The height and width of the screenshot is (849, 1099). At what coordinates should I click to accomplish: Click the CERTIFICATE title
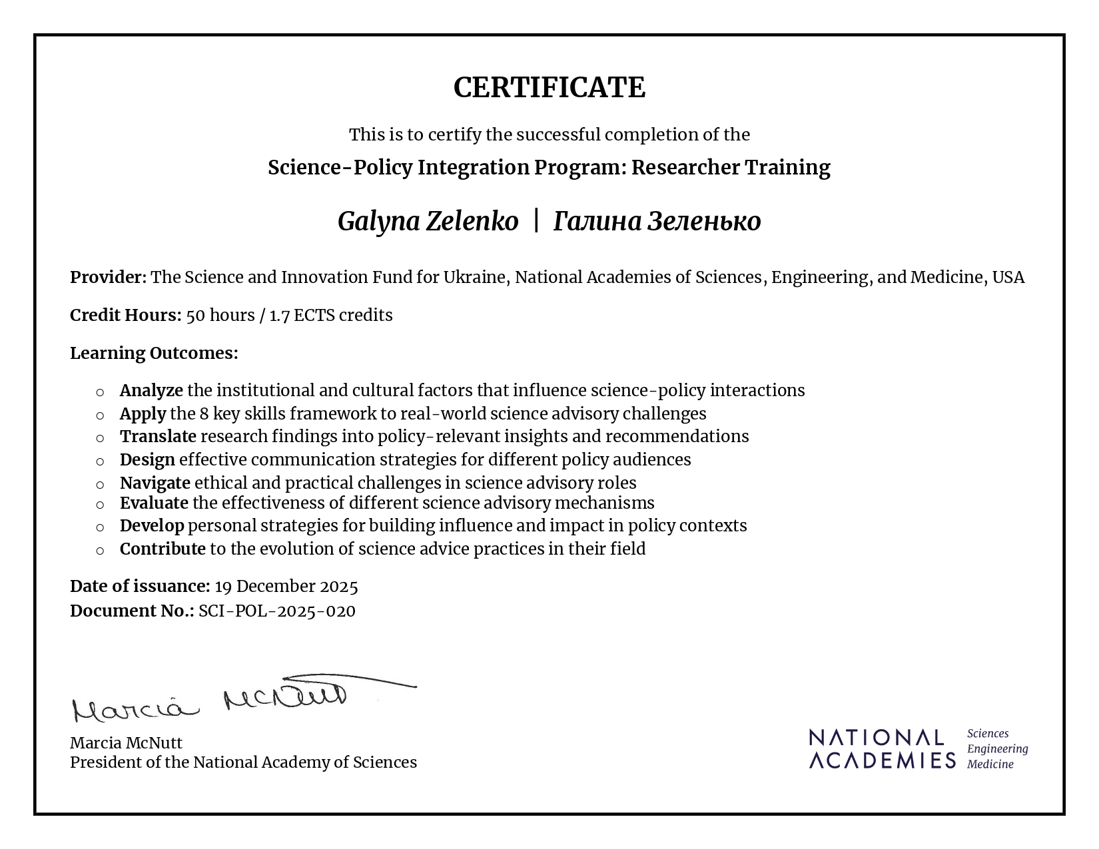[x=549, y=88]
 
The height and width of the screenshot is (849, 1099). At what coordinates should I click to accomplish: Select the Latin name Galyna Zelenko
[x=428, y=222]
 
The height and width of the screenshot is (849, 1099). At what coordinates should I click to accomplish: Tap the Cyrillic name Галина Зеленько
[x=657, y=222]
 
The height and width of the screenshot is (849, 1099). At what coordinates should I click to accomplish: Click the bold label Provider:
[x=108, y=277]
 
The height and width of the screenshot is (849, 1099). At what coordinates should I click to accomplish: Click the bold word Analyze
[x=151, y=390]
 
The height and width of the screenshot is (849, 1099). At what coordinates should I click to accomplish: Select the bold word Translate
[x=158, y=436]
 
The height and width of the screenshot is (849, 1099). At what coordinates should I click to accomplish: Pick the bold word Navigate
[x=155, y=483]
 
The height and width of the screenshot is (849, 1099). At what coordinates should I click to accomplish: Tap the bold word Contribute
[x=163, y=549]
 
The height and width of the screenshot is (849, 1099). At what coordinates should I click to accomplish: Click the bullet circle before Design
[x=100, y=461]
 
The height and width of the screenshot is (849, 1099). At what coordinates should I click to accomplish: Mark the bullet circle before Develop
[x=100, y=527]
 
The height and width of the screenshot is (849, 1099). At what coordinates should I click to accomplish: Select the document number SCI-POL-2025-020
[x=277, y=611]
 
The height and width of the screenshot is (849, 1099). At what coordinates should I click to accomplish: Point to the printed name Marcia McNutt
[x=126, y=743]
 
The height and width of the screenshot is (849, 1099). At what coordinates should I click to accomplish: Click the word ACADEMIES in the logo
[x=882, y=760]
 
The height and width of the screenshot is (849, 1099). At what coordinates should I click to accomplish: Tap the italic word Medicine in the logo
[x=990, y=764]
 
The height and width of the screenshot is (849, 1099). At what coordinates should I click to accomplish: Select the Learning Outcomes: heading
[x=154, y=353]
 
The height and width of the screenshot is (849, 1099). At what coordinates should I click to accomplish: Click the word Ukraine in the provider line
[x=474, y=277]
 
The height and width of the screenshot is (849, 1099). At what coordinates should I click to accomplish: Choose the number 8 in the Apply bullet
[x=204, y=414]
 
